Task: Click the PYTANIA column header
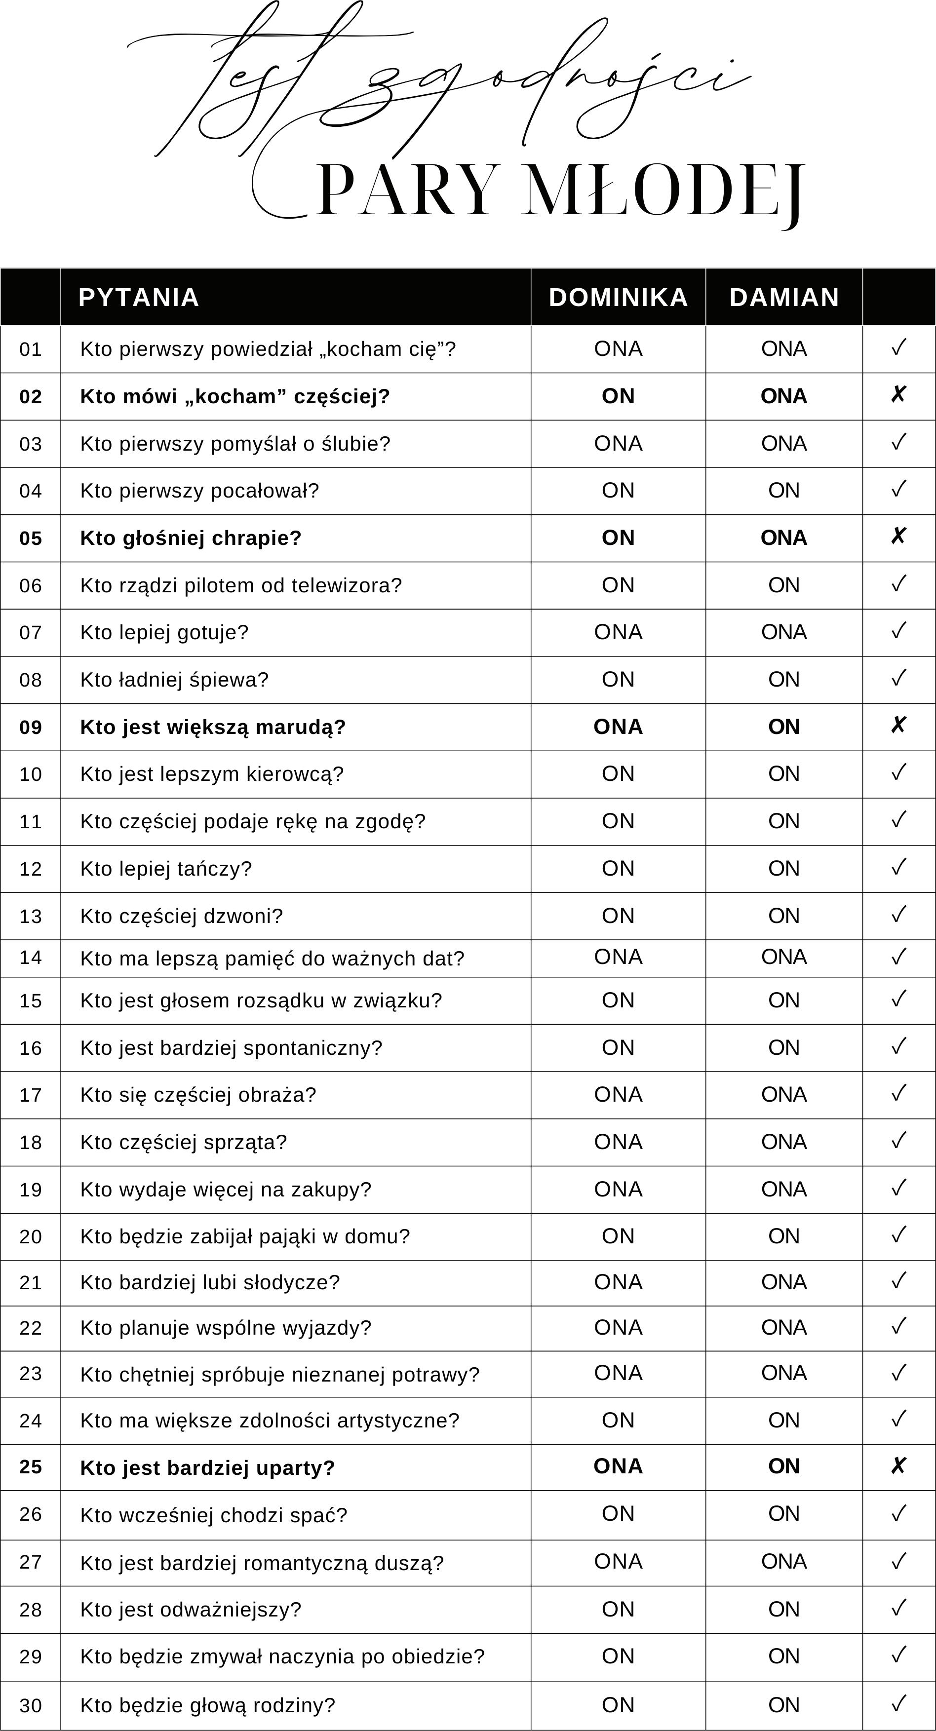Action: point(138,297)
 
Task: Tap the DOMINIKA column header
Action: point(618,297)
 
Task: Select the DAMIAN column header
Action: point(784,297)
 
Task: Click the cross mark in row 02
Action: point(898,395)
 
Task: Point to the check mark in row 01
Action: point(898,348)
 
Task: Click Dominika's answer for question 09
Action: point(618,727)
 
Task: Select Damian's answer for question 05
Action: point(784,538)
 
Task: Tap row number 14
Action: point(30,958)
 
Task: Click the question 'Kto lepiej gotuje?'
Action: point(164,632)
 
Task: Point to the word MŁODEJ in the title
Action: point(663,191)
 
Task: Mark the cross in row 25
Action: point(898,1466)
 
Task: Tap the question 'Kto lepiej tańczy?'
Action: point(166,869)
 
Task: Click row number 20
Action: point(30,1236)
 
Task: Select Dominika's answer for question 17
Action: point(618,1095)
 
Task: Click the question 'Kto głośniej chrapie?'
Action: point(191,538)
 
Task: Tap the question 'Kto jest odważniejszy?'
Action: point(191,1610)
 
